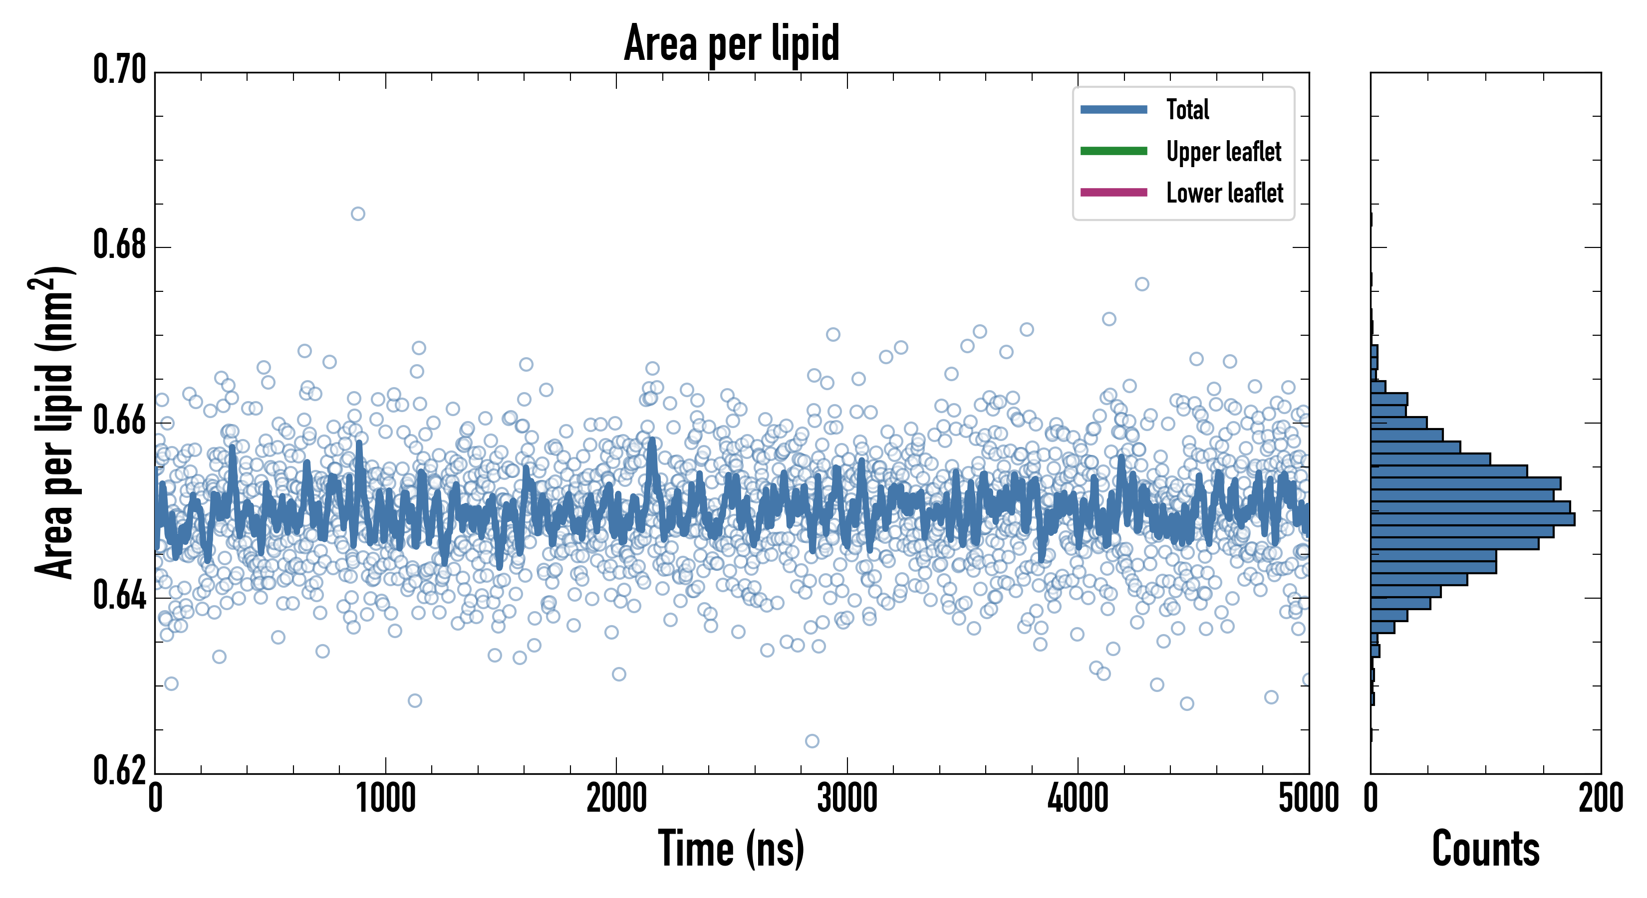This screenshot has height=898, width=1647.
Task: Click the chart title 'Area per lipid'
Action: coord(732,43)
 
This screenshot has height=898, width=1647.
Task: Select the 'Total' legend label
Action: coord(1187,109)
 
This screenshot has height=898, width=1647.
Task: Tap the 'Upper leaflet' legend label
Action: coord(1224,152)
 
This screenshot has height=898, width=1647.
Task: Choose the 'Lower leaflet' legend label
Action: coord(1224,193)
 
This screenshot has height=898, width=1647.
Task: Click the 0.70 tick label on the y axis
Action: coord(120,70)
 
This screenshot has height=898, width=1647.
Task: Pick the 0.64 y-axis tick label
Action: coord(120,596)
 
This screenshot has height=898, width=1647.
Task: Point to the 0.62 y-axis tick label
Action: coord(120,771)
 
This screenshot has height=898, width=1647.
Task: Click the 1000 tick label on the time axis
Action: coord(385,799)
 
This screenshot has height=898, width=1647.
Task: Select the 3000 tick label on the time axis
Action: coord(847,799)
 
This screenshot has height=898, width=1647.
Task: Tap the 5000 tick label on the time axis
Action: coord(1308,799)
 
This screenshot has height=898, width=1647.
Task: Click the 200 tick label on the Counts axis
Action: coord(1600,799)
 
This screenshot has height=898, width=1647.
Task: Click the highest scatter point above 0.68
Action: coord(358,214)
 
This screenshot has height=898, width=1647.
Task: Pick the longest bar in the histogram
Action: coord(1472,519)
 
